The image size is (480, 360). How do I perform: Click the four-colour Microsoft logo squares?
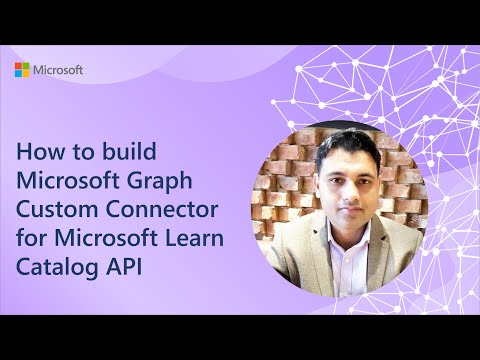pyautogui.click(x=21, y=69)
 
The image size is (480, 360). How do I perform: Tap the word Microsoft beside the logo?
pyautogui.click(x=59, y=70)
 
